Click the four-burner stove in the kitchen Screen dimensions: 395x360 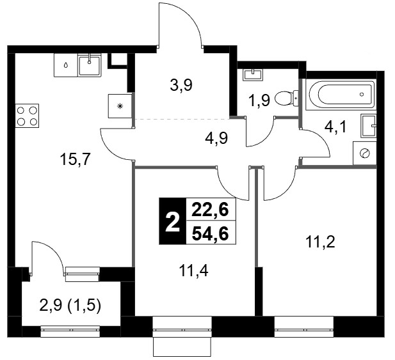click(x=27, y=116)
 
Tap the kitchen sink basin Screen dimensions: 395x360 click(x=89, y=65)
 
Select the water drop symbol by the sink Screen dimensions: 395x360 click(x=66, y=65)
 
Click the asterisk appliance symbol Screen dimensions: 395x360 click(x=120, y=106)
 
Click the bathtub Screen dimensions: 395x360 click(x=341, y=95)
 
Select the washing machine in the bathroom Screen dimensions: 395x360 click(x=365, y=153)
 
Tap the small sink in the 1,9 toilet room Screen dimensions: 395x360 click(x=253, y=75)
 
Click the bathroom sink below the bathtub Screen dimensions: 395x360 click(x=369, y=126)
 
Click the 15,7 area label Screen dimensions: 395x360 click(x=75, y=159)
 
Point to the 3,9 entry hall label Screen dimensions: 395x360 click(x=181, y=85)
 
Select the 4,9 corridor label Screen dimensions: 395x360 click(x=216, y=138)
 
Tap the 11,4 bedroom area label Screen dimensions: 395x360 click(x=193, y=271)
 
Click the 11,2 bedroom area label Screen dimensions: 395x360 click(x=320, y=242)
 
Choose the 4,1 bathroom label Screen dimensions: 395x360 click(x=335, y=127)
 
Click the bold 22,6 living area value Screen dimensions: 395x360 click(x=211, y=210)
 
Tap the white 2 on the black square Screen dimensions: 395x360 click(x=173, y=221)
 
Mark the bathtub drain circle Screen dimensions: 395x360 click(x=362, y=95)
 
